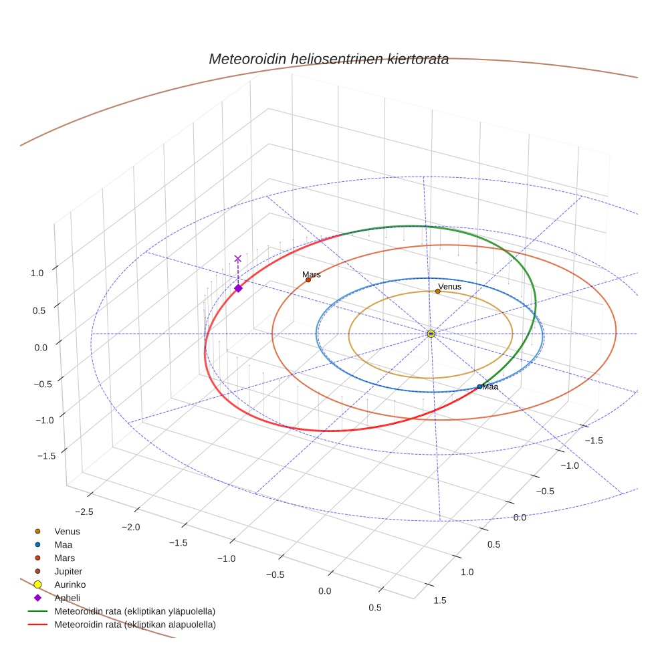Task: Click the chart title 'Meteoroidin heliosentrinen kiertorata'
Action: click(x=328, y=59)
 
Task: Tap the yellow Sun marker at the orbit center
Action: click(x=431, y=333)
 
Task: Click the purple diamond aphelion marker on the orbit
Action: click(x=238, y=288)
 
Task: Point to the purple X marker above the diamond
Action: click(x=237, y=258)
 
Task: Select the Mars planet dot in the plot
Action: click(x=308, y=280)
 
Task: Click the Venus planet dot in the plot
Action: click(x=437, y=291)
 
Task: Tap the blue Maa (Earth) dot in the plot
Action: click(x=479, y=387)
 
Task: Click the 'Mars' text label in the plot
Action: click(x=311, y=274)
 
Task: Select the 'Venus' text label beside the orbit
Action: click(x=449, y=286)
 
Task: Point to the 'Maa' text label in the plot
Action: click(x=491, y=387)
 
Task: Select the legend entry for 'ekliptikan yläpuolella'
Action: click(x=134, y=611)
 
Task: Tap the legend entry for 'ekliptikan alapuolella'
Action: click(x=134, y=625)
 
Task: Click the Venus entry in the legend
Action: click(x=67, y=531)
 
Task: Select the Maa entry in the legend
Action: click(x=64, y=544)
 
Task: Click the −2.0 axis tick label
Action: click(x=130, y=527)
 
